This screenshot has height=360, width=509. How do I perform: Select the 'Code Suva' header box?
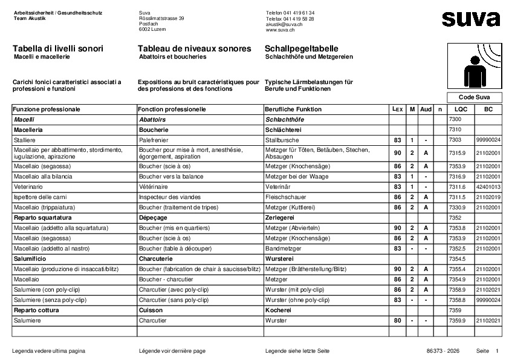pyautogui.click(x=475, y=97)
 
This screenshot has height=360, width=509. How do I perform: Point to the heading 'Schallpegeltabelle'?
pyautogui.click(x=301, y=48)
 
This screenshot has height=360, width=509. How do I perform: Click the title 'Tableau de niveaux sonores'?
pyautogui.click(x=194, y=48)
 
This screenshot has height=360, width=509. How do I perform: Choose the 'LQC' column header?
pyautogui.click(x=461, y=110)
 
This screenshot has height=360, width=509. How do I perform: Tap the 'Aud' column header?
pyautogui.click(x=426, y=110)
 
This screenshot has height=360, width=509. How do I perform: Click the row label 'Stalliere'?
pyautogui.click(x=25, y=140)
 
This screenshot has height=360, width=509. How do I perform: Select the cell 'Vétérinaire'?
pyautogui.click(x=155, y=187)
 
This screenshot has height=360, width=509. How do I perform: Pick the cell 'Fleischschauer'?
pyautogui.click(x=284, y=197)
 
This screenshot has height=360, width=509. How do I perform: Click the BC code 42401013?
pyautogui.click(x=488, y=187)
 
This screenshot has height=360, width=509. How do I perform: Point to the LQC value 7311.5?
pyautogui.click(x=458, y=197)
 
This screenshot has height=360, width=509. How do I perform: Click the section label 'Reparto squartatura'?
pyautogui.click(x=42, y=217)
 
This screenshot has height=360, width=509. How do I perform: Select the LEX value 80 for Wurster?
pyautogui.click(x=397, y=320)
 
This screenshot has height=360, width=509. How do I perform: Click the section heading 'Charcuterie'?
pyautogui.click(x=156, y=258)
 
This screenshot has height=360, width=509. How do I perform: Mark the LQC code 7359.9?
pyautogui.click(x=458, y=320)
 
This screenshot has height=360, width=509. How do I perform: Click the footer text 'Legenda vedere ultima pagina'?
pyautogui.click(x=48, y=351)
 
